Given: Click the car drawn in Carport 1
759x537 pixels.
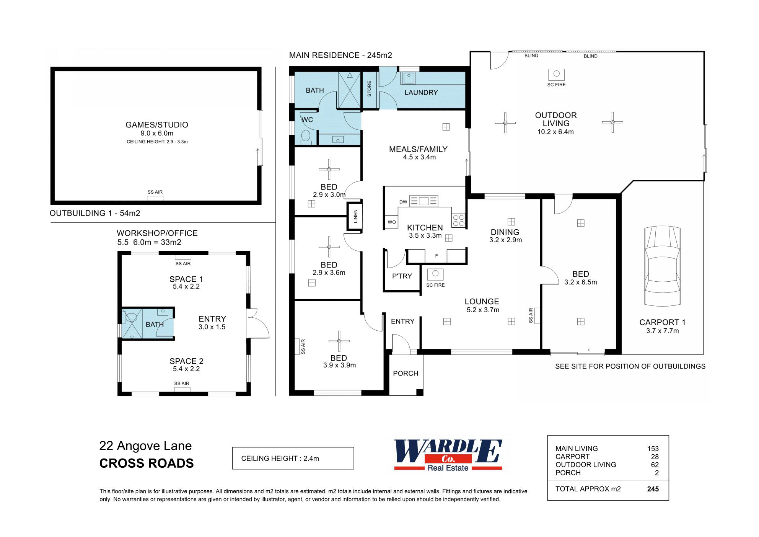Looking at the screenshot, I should (x=662, y=266).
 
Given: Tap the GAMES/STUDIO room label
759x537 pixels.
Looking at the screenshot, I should (x=157, y=125).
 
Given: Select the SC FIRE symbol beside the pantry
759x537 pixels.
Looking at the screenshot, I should (x=435, y=274).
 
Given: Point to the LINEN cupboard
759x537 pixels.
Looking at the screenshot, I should (x=355, y=216).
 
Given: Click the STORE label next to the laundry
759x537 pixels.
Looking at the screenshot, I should (x=369, y=88).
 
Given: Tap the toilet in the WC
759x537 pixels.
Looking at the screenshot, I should (x=306, y=136).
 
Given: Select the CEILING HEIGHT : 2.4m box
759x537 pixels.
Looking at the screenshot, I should (x=293, y=458).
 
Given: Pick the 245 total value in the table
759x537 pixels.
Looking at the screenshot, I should (x=653, y=489).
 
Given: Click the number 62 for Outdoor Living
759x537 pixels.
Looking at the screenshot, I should (x=655, y=465).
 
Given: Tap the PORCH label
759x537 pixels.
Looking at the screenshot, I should (x=406, y=373).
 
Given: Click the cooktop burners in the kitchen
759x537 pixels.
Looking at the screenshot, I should (x=459, y=220).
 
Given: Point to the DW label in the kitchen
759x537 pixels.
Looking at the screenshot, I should (x=403, y=202).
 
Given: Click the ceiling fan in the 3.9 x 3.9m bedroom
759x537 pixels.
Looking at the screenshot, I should (x=339, y=341).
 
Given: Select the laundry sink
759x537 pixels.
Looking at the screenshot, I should (x=408, y=78).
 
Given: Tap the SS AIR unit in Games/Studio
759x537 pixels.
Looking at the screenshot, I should (x=155, y=198).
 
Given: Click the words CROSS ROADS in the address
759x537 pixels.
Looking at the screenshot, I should (x=147, y=464).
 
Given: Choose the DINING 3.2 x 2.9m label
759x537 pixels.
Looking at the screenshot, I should (x=505, y=236).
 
